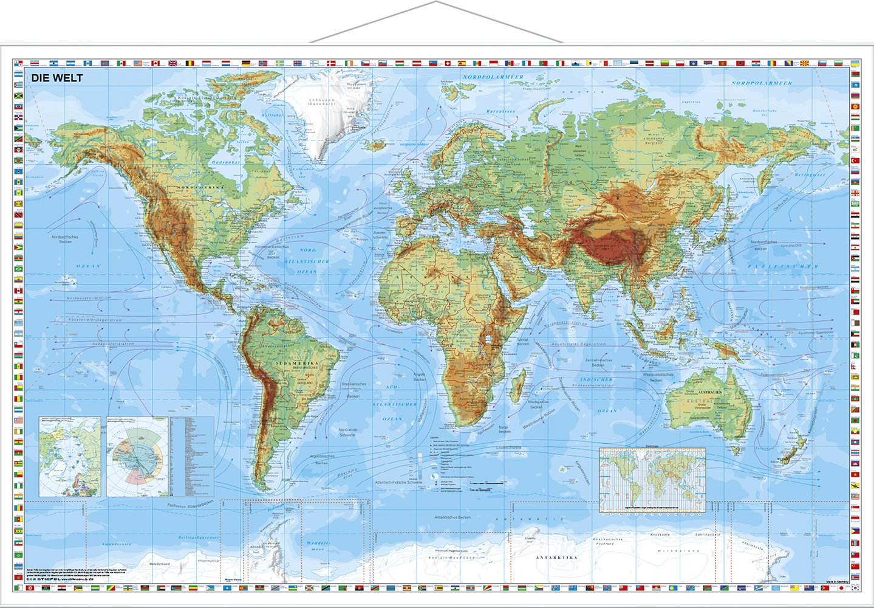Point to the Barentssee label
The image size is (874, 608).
[x=500, y=112]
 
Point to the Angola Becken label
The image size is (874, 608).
[x=420, y=376]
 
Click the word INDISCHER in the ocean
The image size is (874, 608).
[x=596, y=379]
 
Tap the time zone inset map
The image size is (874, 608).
[x=652, y=480]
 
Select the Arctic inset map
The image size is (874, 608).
[x=69, y=456]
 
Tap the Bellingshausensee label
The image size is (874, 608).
[x=199, y=537]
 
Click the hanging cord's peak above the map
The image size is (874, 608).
[x=436, y=2]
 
